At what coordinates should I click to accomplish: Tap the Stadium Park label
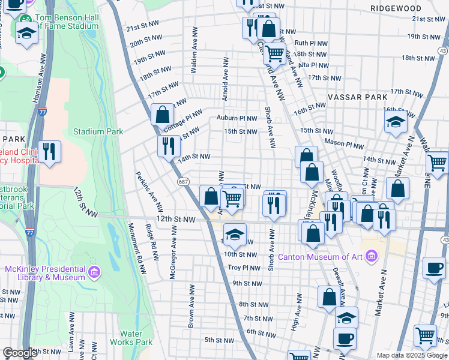[x=98, y=131]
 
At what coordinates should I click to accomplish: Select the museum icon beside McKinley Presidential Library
[x=94, y=273]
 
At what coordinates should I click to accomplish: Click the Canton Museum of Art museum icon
[x=372, y=257]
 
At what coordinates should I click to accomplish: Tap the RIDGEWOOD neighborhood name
[x=396, y=8]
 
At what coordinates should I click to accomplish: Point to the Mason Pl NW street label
[x=344, y=145]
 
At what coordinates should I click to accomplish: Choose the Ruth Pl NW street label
[x=310, y=43]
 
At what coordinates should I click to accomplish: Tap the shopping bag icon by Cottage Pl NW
[x=163, y=113]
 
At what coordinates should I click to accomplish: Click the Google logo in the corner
[x=20, y=353]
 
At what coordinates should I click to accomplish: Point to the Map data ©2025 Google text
[x=411, y=355]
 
